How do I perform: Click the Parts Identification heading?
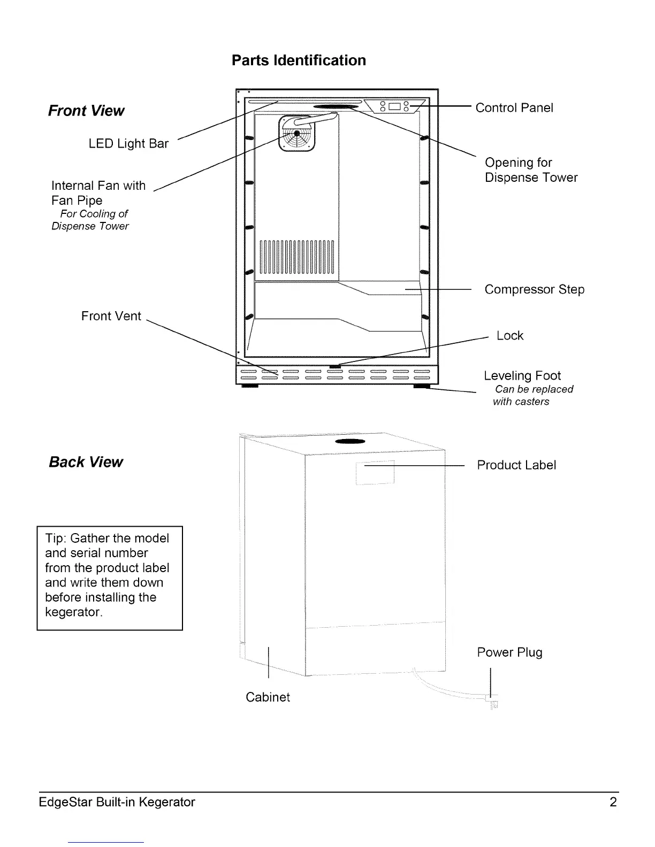point(299,60)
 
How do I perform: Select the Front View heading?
point(86,111)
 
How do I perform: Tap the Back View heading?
point(86,462)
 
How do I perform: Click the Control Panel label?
point(514,108)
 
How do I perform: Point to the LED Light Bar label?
point(128,144)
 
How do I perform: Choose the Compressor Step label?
point(534,290)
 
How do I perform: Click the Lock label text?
point(509,336)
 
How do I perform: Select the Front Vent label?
point(111,316)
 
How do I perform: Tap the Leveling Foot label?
point(522,376)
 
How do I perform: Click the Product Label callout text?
point(516,465)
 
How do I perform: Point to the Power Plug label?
point(509,652)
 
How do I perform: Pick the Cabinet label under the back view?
point(268,697)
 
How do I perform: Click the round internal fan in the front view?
point(296,134)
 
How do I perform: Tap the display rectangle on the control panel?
point(395,106)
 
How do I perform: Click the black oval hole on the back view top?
point(349,442)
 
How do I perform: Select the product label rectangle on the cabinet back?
point(375,472)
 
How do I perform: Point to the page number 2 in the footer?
point(613,802)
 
